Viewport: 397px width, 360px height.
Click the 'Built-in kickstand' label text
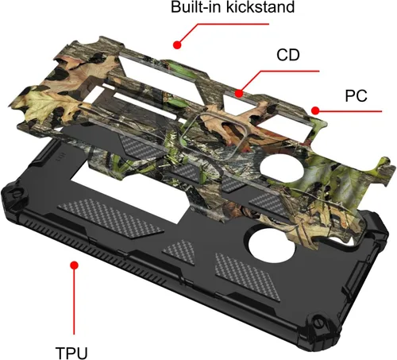[233, 7]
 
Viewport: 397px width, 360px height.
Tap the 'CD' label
[288, 55]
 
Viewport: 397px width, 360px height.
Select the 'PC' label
[356, 95]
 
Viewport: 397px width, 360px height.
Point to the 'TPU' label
[71, 353]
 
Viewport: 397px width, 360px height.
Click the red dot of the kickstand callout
[177, 45]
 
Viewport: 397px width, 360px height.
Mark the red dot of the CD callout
[239, 94]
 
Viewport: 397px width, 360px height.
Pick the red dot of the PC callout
[315, 110]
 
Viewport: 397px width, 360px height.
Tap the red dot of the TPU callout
[75, 265]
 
